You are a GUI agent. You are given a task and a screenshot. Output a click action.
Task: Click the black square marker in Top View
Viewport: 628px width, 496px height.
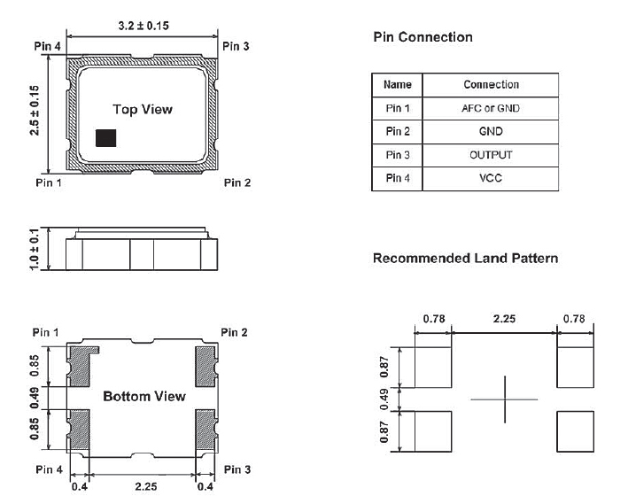pos(106,137)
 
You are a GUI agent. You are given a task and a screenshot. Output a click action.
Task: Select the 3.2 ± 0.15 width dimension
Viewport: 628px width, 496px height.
pos(143,28)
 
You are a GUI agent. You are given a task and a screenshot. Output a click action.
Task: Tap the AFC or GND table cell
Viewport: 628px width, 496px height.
pos(491,108)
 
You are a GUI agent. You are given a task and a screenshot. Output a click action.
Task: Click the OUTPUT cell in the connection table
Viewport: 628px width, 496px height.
pos(491,155)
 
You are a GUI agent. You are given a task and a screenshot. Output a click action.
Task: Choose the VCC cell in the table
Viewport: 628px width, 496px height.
pos(491,178)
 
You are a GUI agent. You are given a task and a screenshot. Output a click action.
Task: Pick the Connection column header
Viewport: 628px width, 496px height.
pos(491,85)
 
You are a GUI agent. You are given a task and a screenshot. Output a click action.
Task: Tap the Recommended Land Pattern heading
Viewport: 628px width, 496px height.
pos(465,259)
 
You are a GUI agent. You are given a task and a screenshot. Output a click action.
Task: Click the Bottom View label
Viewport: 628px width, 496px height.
pos(144,396)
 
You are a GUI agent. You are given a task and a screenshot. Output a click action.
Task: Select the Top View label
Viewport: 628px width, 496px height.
pos(143,110)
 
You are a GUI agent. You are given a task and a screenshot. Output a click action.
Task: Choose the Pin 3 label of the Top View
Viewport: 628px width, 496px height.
pos(236,45)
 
